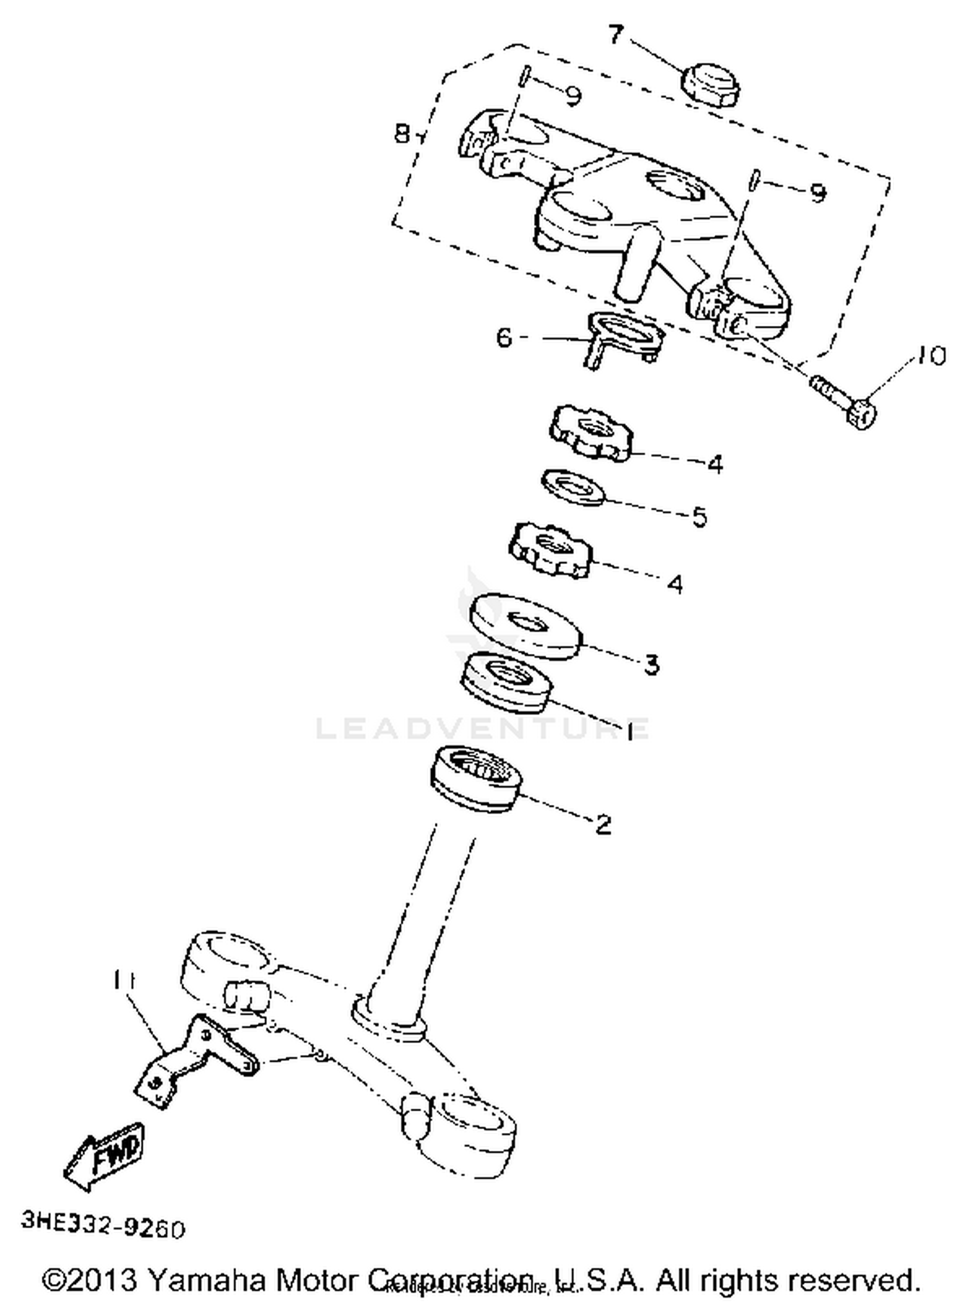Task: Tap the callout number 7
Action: click(x=616, y=34)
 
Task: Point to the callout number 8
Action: click(x=401, y=134)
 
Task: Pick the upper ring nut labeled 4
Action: click(x=591, y=431)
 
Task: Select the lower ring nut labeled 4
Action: click(x=551, y=548)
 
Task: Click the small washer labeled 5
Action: click(x=573, y=487)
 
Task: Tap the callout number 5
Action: click(x=699, y=516)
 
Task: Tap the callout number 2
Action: click(x=603, y=824)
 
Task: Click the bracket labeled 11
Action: click(x=193, y=1059)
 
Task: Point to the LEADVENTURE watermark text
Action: click(x=482, y=729)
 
